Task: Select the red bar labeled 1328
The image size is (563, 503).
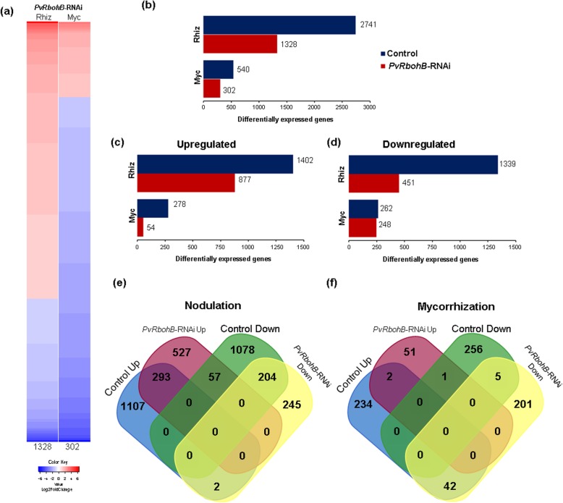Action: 240,44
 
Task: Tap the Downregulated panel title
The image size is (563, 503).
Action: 420,145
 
